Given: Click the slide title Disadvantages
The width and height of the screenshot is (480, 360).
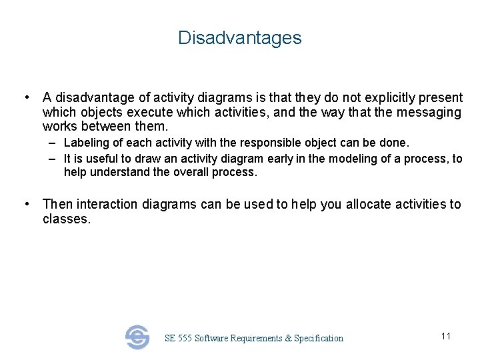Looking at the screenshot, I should [239, 38].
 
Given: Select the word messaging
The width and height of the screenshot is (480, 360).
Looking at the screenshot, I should [425, 113].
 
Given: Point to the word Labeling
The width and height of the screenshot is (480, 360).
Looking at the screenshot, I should [85, 143].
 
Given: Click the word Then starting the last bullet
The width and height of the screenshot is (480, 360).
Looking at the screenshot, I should [57, 204].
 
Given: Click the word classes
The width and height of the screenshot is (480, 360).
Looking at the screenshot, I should [66, 219].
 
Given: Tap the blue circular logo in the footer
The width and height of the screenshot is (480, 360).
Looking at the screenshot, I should [137, 337].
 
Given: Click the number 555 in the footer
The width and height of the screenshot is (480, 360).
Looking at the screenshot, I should [184, 339].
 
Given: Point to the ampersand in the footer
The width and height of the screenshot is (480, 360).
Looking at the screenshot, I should [288, 339].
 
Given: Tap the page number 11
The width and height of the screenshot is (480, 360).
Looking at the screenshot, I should [446, 336].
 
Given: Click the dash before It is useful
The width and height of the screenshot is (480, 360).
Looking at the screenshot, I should [52, 159].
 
